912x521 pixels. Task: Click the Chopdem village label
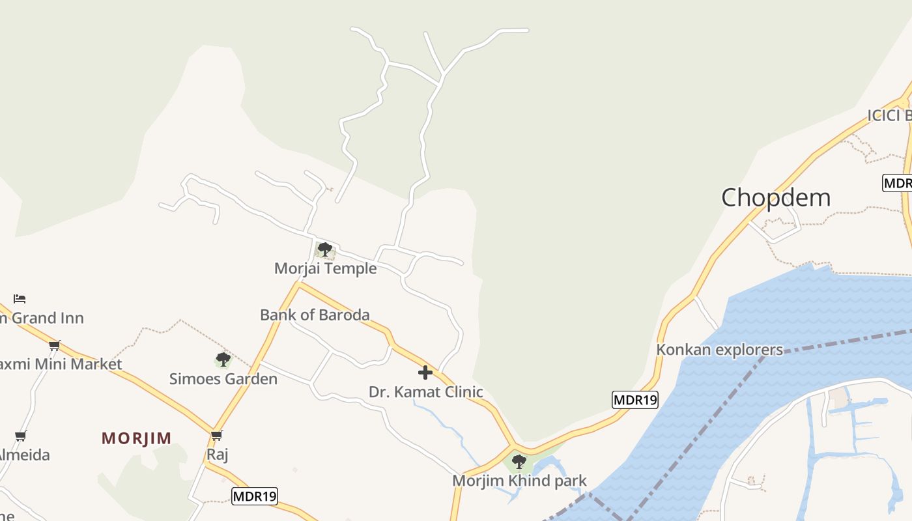[x=776, y=197]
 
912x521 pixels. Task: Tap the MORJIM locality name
[x=137, y=438]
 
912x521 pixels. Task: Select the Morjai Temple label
[x=325, y=268]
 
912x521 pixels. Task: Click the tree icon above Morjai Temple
[x=324, y=249]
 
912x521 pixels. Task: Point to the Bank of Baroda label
[x=315, y=315]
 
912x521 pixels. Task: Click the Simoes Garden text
[x=223, y=379]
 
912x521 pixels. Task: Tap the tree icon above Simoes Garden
[x=223, y=359]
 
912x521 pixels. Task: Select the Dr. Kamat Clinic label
[x=426, y=392]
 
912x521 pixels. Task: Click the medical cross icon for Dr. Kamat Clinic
[x=425, y=373]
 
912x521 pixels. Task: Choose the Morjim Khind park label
[x=519, y=481]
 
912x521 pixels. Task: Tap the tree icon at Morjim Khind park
[x=519, y=462]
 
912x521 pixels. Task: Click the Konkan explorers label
[x=719, y=350]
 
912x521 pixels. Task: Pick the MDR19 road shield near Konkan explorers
[x=635, y=400]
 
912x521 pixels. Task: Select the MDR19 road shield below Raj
[x=255, y=496]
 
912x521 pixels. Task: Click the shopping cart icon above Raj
[x=217, y=435]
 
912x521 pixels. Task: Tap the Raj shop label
[x=217, y=454]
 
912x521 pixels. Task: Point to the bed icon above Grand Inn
[x=20, y=299]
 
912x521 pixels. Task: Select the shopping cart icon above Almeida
[x=21, y=436]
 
